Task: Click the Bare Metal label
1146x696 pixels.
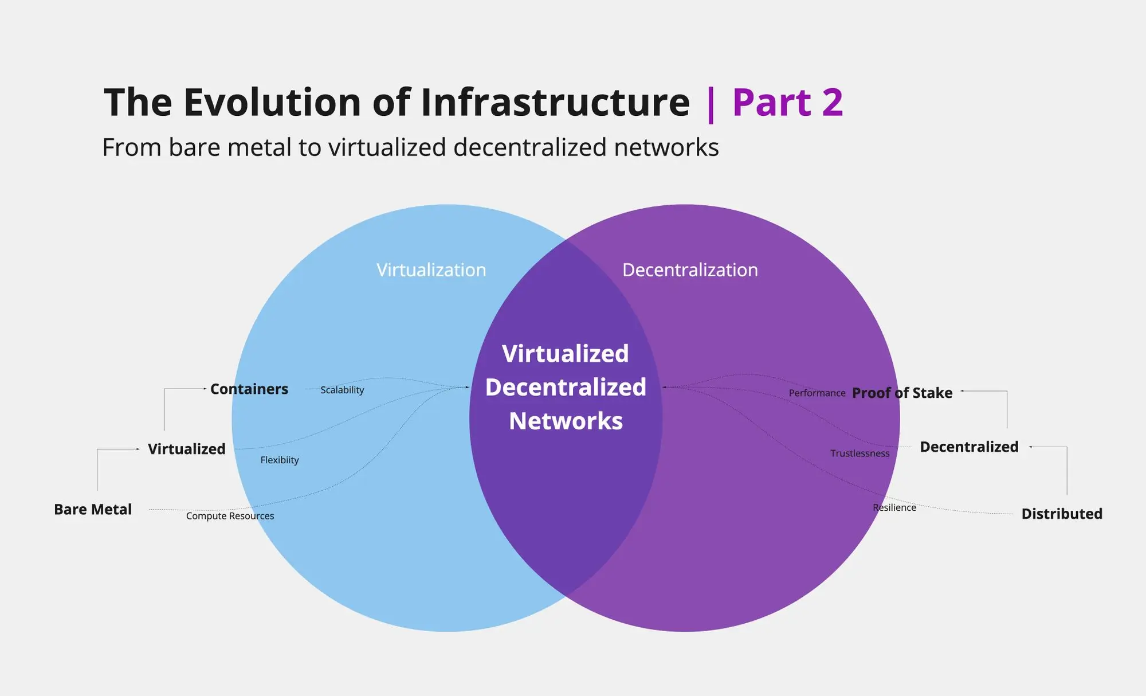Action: pyautogui.click(x=93, y=509)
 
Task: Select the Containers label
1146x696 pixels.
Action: pyautogui.click(x=249, y=389)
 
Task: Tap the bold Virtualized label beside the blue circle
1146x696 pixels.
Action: pyautogui.click(x=187, y=449)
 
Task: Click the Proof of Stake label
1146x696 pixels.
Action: pyautogui.click(x=902, y=393)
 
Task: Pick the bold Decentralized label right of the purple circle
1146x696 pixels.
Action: pyautogui.click(x=969, y=447)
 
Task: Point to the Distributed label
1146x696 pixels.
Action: pyautogui.click(x=1062, y=514)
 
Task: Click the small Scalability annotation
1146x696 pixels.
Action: pyautogui.click(x=342, y=390)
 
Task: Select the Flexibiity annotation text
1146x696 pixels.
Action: pyautogui.click(x=280, y=460)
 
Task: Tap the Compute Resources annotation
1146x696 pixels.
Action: pyautogui.click(x=230, y=516)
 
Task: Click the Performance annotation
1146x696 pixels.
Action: pyautogui.click(x=817, y=393)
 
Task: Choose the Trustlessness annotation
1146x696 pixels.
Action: pyautogui.click(x=859, y=453)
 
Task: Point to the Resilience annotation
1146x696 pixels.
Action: pyautogui.click(x=894, y=507)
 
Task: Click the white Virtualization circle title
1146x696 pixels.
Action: pyautogui.click(x=431, y=270)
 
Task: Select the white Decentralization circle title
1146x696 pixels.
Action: pyautogui.click(x=690, y=270)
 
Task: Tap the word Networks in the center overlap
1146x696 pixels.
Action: pyautogui.click(x=566, y=421)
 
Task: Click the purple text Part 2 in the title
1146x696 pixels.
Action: pyautogui.click(x=787, y=103)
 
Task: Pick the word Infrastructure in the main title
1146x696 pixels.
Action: pyautogui.click(x=555, y=103)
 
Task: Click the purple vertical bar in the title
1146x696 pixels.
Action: pyautogui.click(x=711, y=104)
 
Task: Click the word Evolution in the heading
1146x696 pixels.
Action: pyautogui.click(x=273, y=103)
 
